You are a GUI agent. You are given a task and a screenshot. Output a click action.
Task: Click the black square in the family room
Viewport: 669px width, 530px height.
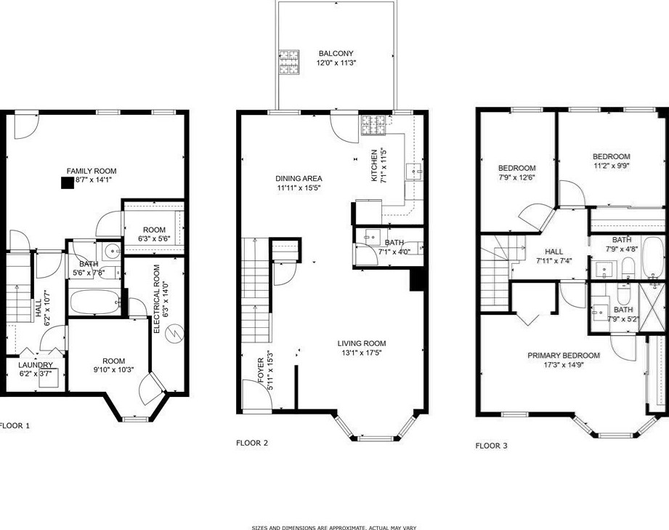[x=68, y=184]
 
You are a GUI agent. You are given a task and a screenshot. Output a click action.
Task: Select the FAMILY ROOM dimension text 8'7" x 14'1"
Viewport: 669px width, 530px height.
[x=91, y=179]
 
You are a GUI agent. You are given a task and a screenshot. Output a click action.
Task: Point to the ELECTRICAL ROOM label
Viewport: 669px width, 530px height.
[x=157, y=298]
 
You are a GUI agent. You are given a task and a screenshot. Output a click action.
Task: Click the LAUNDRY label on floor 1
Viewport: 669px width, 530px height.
[x=36, y=365]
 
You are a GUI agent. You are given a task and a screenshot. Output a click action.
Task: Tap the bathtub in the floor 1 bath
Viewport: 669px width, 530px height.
[x=94, y=301]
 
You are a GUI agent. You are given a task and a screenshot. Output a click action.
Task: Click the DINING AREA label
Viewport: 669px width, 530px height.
[x=299, y=178]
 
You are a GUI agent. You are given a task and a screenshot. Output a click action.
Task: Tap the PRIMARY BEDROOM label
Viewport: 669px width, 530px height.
[x=564, y=356]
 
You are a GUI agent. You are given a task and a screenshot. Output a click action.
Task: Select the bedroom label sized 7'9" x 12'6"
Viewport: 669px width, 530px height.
[x=516, y=168]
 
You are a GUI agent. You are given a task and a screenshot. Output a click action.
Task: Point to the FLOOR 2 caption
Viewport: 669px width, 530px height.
[x=252, y=442]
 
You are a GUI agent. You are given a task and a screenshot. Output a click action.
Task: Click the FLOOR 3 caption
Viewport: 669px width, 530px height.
[x=491, y=446]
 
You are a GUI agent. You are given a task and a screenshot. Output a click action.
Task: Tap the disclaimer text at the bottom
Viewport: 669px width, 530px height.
[x=333, y=528]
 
